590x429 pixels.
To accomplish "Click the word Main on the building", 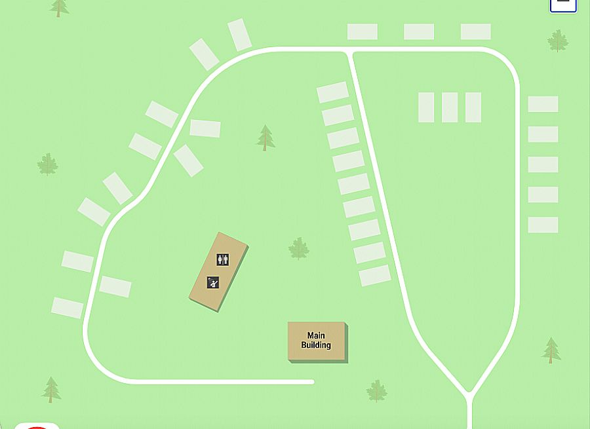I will (316, 336).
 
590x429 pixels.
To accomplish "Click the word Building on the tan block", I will (316, 345).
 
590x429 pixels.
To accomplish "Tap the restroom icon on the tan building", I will (222, 260).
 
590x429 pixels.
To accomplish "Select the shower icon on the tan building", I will (212, 283).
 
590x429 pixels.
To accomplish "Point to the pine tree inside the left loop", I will (265, 138).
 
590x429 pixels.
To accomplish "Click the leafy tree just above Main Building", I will (299, 248).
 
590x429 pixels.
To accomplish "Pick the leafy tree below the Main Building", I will (376, 390).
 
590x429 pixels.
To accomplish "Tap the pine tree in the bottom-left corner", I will (51, 389).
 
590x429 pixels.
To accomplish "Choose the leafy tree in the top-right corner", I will (558, 41).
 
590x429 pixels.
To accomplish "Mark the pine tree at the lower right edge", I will (551, 350).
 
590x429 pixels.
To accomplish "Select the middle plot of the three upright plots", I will (450, 107).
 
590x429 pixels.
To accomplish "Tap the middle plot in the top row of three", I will (419, 31).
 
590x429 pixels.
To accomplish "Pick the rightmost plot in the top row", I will (476, 31).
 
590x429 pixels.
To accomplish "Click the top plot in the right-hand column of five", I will (543, 104).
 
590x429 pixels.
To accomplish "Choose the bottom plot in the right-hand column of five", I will (543, 225).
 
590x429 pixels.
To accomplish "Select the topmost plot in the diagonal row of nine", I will (332, 92).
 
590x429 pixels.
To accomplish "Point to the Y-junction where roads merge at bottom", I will (469, 395).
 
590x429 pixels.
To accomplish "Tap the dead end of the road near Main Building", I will (311, 382).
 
